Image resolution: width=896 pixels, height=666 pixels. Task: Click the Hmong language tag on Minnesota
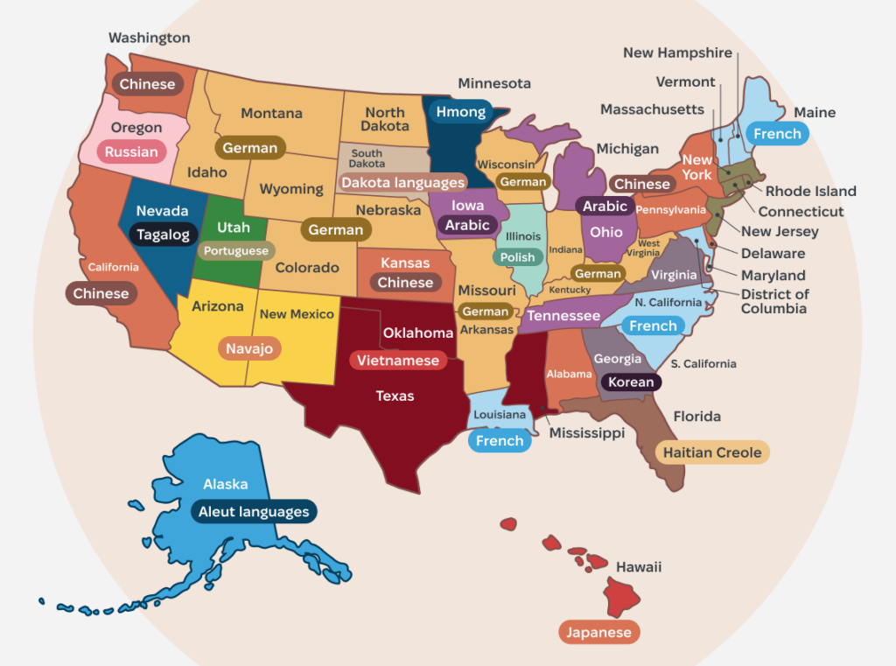460,112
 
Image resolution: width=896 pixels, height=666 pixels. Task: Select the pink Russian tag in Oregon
131,151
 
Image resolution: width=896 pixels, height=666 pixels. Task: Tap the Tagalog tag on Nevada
163,235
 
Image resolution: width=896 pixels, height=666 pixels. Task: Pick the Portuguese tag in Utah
236,251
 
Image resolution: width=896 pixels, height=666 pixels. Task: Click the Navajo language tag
249,348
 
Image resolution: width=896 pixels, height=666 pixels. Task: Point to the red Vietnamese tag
398,361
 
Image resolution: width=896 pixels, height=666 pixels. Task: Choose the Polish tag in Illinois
517,257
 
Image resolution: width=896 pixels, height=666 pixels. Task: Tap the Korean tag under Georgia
630,382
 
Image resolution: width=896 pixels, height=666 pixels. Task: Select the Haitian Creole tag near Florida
712,452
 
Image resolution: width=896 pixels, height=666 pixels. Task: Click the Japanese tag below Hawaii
599,632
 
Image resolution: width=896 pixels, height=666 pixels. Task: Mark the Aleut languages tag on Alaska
254,512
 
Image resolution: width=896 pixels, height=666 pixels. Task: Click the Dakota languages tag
402,183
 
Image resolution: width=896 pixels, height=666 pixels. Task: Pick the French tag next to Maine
777,133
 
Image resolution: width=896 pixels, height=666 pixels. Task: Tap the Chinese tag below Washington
147,84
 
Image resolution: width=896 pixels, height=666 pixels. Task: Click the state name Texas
395,396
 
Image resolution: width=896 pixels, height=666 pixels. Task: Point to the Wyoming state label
291,189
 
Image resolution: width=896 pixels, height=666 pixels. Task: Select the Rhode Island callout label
810,191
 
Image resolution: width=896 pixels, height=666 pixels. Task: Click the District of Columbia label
774,301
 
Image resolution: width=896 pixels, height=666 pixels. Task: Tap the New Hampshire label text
677,53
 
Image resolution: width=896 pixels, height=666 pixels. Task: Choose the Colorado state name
307,268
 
